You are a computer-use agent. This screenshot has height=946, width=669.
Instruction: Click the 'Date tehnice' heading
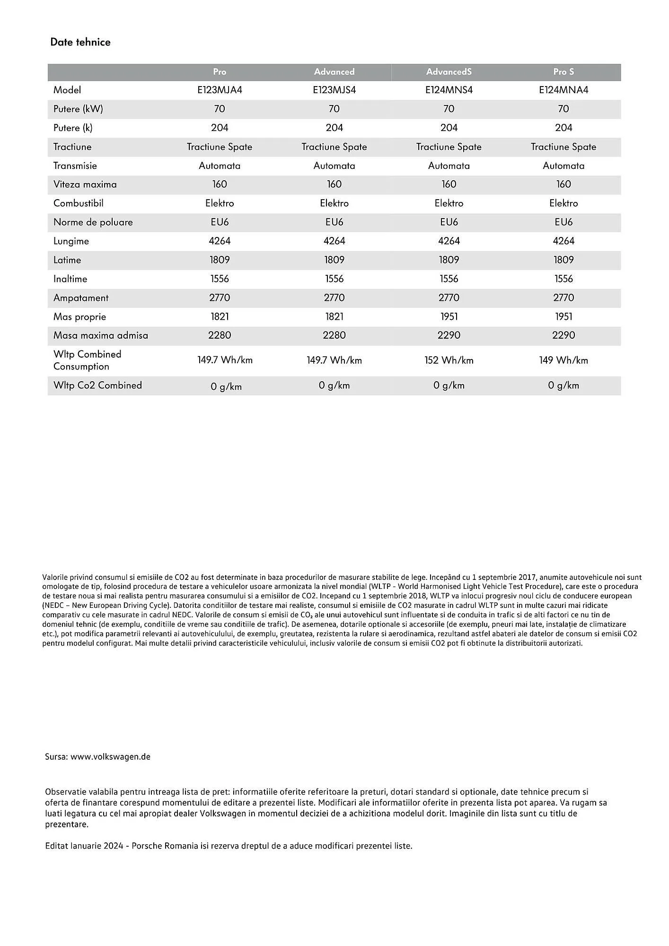[x=80, y=42]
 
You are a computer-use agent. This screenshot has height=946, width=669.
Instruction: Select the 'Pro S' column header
[x=563, y=72]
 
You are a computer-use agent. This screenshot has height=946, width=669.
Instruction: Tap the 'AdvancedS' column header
[x=449, y=72]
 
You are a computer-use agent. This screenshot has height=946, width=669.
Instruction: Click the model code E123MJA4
[x=220, y=90]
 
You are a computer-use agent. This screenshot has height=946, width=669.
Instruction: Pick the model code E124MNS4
[x=449, y=90]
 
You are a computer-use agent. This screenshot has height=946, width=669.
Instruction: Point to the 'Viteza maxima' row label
[x=85, y=184]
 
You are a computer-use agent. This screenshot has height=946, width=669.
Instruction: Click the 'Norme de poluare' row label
[x=93, y=222]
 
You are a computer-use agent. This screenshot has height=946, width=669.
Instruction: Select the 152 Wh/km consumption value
[x=449, y=360]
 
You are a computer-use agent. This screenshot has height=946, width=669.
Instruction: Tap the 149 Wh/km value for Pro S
[x=563, y=360]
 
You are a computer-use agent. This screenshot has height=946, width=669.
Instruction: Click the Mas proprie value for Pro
[x=220, y=317]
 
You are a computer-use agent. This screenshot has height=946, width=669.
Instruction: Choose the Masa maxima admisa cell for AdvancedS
[x=449, y=335]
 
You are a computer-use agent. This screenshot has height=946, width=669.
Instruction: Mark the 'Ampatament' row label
[x=80, y=298]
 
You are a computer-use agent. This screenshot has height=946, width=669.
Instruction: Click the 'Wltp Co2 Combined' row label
[x=97, y=385]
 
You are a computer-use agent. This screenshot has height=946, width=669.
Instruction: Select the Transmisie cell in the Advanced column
[x=334, y=166]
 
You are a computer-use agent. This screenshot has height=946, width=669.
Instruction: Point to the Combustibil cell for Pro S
[x=563, y=203]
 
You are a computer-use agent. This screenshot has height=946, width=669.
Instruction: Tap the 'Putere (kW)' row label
[x=78, y=109]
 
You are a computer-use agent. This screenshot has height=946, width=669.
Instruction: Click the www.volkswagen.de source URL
[x=110, y=757]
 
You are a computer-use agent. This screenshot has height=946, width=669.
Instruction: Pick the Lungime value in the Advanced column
[x=334, y=241]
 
